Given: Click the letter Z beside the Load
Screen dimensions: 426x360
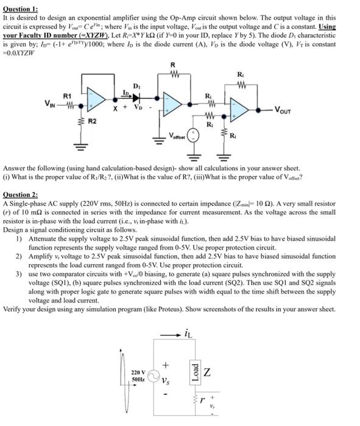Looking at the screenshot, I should pyautogui.click(x=208, y=371).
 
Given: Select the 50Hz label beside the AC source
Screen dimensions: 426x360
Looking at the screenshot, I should pyautogui.click(x=139, y=380).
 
